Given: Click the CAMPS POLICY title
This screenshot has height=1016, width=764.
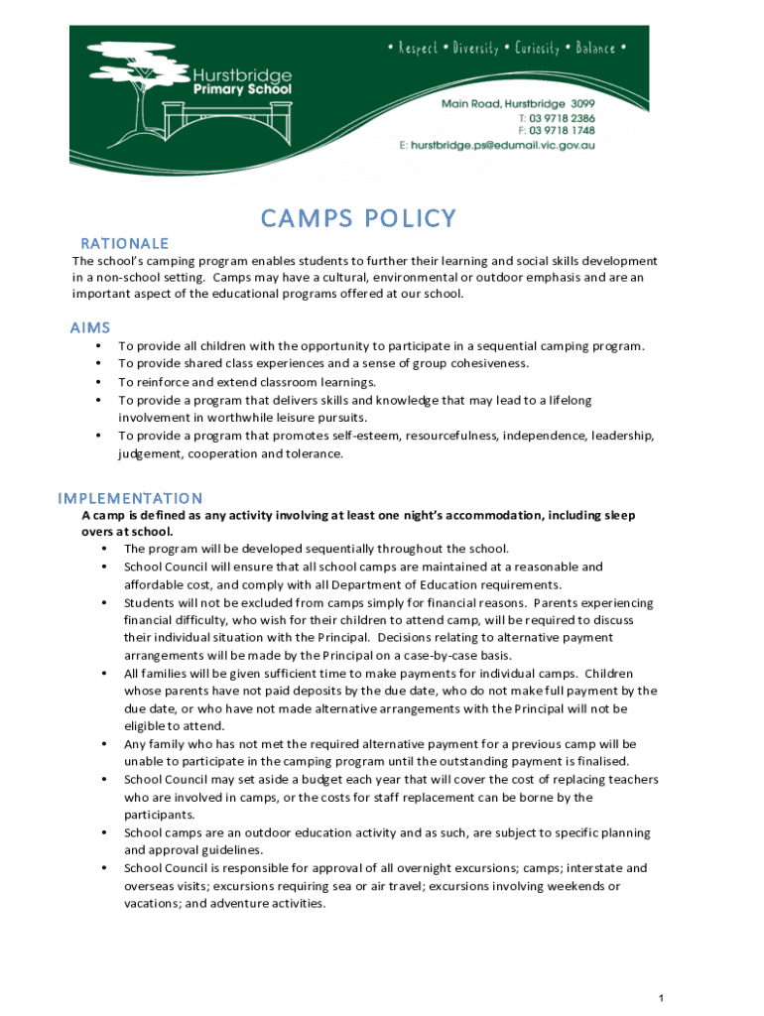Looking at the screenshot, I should coord(358,218).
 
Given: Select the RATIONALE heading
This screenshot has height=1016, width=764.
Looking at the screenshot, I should coord(124,243).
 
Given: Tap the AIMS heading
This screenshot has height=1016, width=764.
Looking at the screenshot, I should coord(90,327).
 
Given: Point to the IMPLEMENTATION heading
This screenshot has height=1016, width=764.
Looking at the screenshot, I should coord(130,498).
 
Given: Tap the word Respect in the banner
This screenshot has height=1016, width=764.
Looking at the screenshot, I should coord(418,49).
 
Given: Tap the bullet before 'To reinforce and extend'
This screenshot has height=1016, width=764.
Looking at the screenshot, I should coord(98,382).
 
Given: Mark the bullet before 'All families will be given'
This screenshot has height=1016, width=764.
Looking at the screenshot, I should coord(104,674).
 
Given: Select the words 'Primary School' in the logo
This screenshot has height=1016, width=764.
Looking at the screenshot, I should coord(244,89).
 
